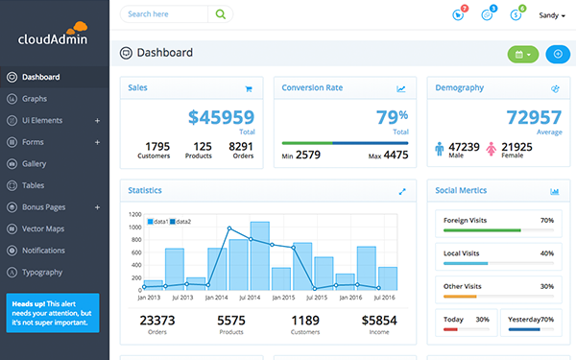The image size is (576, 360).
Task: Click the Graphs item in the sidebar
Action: coord(35,98)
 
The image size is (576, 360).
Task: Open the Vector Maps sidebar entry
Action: coord(42,228)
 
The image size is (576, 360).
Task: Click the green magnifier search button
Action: coord(222,14)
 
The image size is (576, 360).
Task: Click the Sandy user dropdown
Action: coord(552,15)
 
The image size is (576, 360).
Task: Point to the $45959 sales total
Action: coord(221,117)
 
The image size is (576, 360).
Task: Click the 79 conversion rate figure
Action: coord(386,117)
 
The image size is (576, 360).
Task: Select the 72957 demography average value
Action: coord(534,117)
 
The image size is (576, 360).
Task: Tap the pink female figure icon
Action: coord(491,149)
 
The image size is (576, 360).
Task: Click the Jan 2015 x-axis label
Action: coord(280,299)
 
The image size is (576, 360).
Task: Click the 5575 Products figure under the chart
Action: coord(231,321)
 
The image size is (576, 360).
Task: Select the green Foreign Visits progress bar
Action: coord(483,230)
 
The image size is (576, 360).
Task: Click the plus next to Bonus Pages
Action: coord(97,206)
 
